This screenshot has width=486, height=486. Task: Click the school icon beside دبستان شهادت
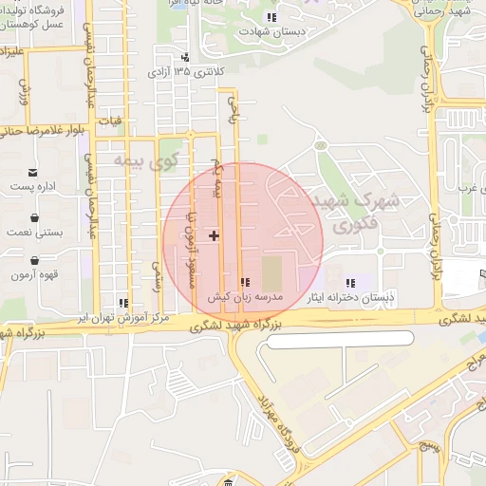(x=272, y=17)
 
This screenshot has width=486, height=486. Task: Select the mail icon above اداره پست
(x=34, y=173)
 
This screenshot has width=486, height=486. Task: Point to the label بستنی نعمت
(x=34, y=232)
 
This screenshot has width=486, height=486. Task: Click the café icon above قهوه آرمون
(x=34, y=260)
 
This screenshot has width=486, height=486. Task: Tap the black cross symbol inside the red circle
(x=214, y=234)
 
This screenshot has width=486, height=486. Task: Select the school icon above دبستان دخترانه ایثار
(x=349, y=282)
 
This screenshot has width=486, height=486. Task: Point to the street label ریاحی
(x=230, y=112)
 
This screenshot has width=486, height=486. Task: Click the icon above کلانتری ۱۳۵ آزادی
(x=185, y=56)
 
